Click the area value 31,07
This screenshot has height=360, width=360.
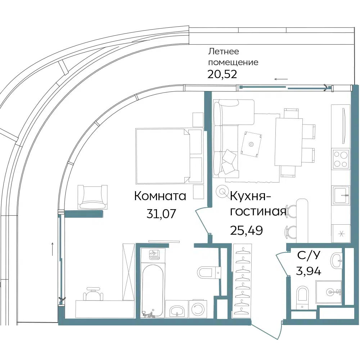pos(161,214)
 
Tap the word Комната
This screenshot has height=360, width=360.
pos(160,197)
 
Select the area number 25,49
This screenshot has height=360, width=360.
pos(246,230)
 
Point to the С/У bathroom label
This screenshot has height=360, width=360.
pos(309,255)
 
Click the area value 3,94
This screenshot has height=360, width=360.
pos(309,271)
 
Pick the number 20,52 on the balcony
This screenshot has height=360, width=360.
pos(222,74)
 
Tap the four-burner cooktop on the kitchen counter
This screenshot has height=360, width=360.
pos(341,158)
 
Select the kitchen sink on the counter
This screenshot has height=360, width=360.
pos(341,195)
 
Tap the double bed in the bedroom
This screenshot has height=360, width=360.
pos(169,156)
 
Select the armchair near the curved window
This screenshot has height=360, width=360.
pos(92,197)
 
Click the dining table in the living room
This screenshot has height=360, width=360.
pos(288,141)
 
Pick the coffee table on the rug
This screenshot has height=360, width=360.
pos(252,144)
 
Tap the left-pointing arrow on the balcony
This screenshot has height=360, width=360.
pos(281,80)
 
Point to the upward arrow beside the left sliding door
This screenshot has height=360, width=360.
pos(53,249)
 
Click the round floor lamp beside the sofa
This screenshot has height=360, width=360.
pos(222,191)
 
